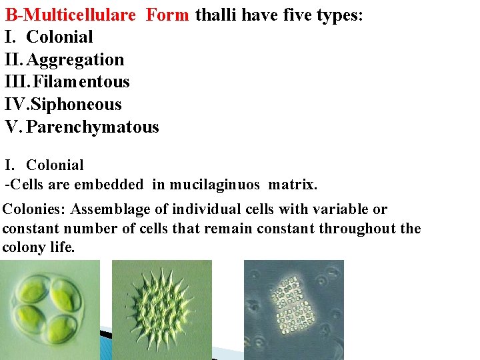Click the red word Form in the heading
pyautogui.click(x=167, y=15)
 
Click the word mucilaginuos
pyautogui.click(x=215, y=183)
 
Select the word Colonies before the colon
pyautogui.click(x=32, y=210)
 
